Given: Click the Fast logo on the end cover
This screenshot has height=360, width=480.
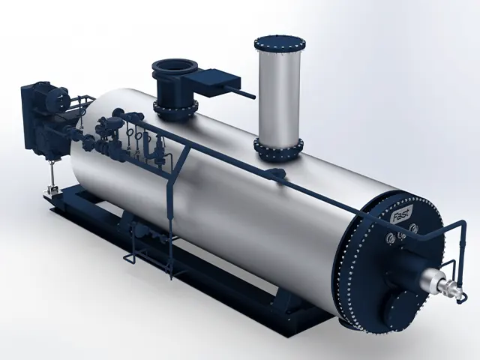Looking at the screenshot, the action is click(402, 214).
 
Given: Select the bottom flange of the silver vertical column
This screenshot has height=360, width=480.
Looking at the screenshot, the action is click(278, 149).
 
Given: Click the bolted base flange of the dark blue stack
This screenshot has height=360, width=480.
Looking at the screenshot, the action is click(175, 109).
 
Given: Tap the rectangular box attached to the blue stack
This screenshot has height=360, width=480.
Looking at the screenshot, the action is click(212, 82).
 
